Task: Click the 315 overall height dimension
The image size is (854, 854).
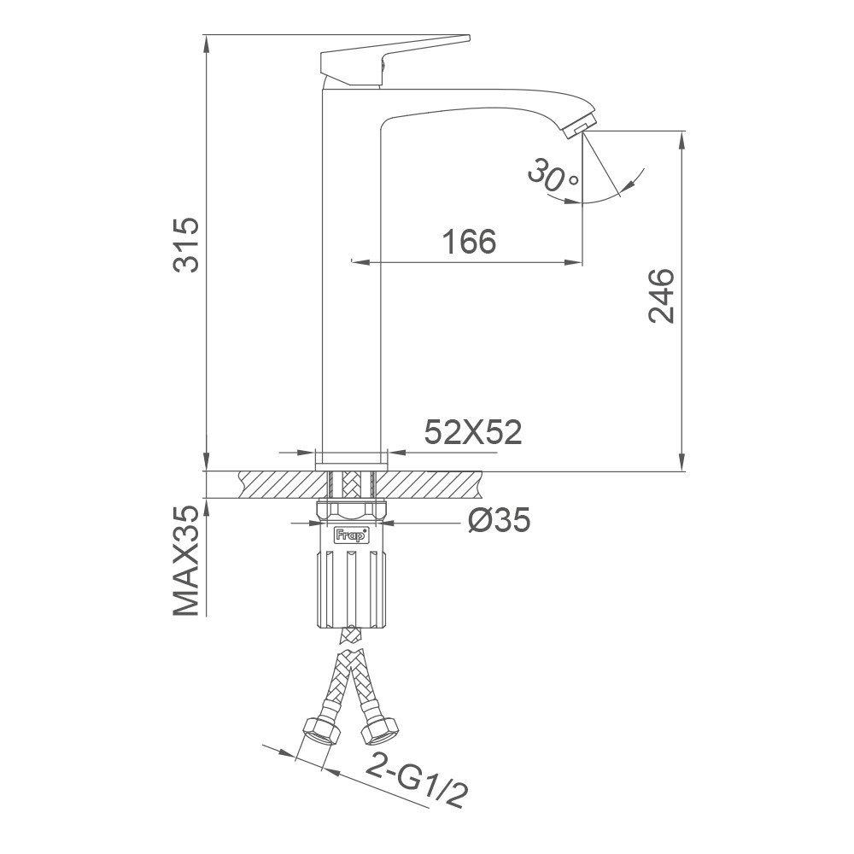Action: [x=186, y=245]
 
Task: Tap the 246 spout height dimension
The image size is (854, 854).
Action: [x=662, y=295]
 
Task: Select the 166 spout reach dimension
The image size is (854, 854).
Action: [x=469, y=243]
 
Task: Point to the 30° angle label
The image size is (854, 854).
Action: [x=552, y=176]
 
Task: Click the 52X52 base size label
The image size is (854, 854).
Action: [x=472, y=433]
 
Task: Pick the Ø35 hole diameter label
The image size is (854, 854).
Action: [x=498, y=518]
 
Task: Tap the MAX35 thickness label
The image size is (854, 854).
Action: [x=186, y=560]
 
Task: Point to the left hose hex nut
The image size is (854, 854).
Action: [x=319, y=731]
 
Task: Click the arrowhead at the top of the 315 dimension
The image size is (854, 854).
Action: [x=207, y=43]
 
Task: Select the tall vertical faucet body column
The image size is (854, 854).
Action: [x=350, y=282]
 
